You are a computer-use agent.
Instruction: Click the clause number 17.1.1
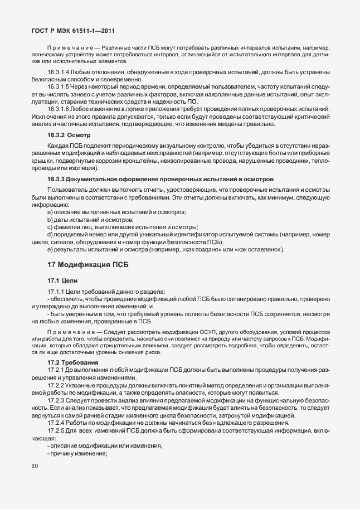pyautogui.click(x=55, y=292)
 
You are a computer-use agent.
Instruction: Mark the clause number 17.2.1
pyautogui.click(x=55, y=370)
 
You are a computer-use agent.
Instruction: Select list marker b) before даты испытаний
pyautogui.click(x=50, y=220)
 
